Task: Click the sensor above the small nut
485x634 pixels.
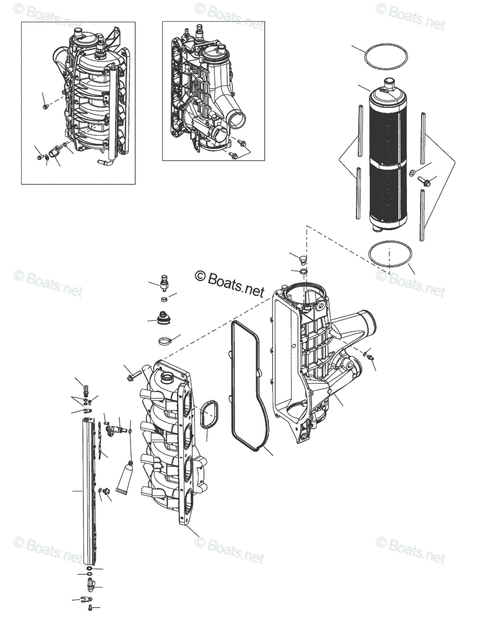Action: [x=164, y=281]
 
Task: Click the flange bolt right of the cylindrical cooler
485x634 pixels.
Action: [x=425, y=182]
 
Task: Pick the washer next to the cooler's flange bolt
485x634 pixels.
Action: [x=412, y=173]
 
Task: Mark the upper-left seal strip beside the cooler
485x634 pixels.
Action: [x=360, y=129]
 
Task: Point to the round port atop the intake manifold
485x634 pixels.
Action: [x=167, y=377]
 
